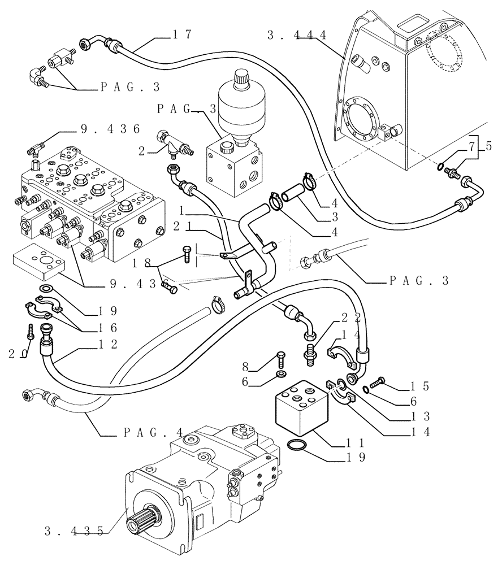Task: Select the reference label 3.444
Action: (x=297, y=35)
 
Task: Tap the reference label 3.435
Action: (x=74, y=531)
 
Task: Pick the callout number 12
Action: (x=107, y=344)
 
